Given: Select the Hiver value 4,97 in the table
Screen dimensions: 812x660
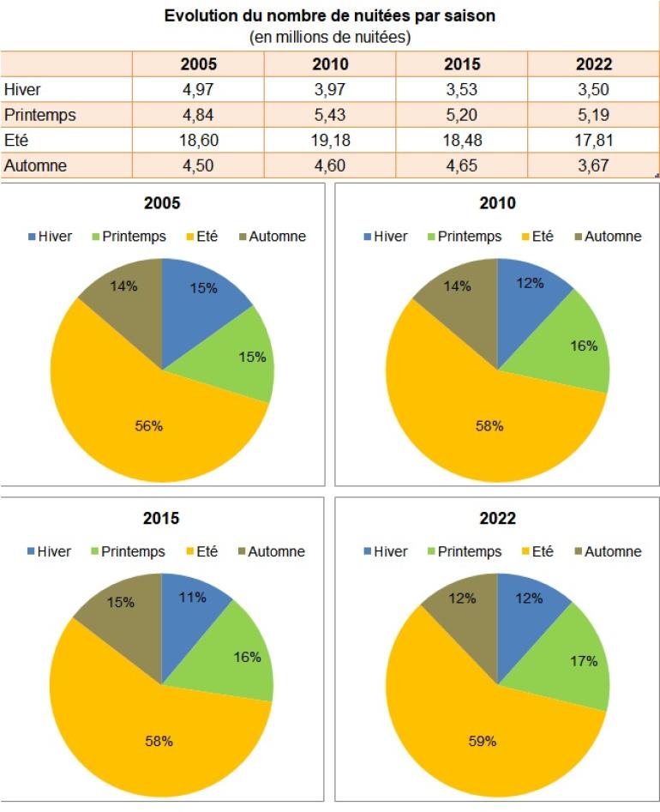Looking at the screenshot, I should click(198, 90).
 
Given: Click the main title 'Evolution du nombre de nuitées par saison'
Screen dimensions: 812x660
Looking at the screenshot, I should click(330, 15).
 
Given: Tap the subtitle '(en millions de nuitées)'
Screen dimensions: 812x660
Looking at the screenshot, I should click(330, 37).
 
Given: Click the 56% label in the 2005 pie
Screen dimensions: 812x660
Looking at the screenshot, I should click(149, 426).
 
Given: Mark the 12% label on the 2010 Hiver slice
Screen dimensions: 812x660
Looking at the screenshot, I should click(530, 284).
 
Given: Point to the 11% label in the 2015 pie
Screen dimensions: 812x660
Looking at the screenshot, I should click(194, 598).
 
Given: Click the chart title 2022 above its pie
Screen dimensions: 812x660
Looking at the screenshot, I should click(497, 519).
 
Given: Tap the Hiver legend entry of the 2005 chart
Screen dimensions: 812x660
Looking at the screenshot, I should click(48, 236).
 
